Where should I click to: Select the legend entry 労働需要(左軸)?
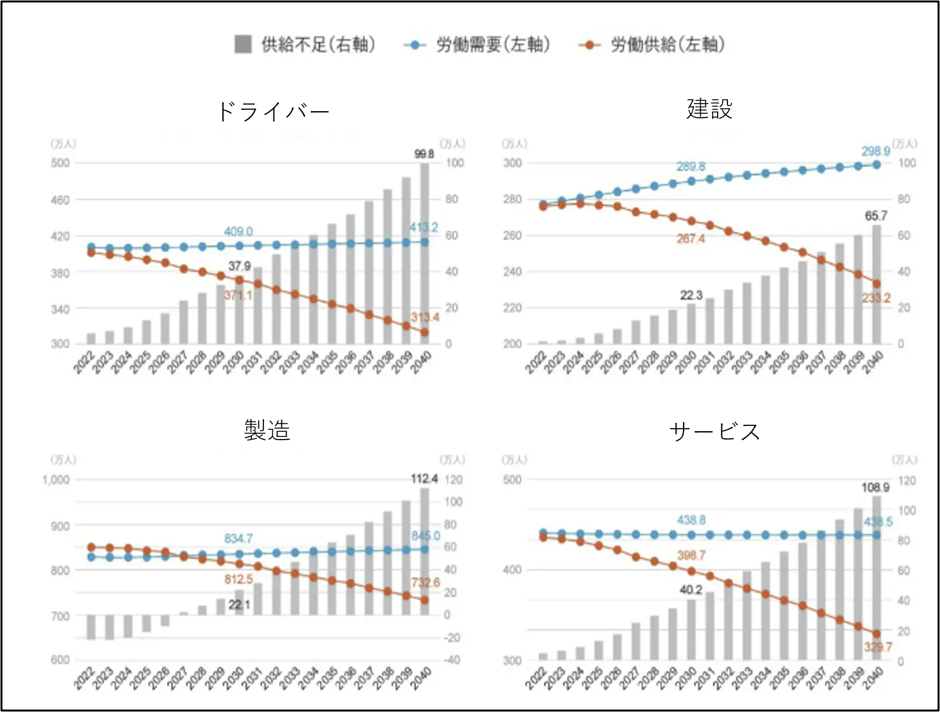(x=477, y=44)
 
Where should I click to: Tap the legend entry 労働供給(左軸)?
(x=652, y=44)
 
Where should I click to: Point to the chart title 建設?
(x=709, y=109)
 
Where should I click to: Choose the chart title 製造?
(x=267, y=430)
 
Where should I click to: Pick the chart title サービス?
(x=714, y=431)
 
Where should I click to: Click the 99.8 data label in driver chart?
(x=424, y=154)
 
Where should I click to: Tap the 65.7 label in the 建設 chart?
(x=876, y=216)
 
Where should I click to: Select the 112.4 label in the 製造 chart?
(x=424, y=479)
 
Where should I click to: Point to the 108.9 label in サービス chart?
(x=875, y=488)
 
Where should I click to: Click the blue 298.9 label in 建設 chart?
(x=876, y=151)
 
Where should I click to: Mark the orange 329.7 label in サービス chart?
(x=878, y=647)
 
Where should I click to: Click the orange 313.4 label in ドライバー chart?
(x=425, y=317)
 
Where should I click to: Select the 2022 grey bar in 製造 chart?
(x=91, y=627)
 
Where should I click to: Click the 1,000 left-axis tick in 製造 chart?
(x=56, y=480)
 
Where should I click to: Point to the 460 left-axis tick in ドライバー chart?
(x=60, y=200)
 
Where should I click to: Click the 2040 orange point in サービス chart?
(x=876, y=634)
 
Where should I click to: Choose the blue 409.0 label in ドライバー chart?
(x=238, y=231)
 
